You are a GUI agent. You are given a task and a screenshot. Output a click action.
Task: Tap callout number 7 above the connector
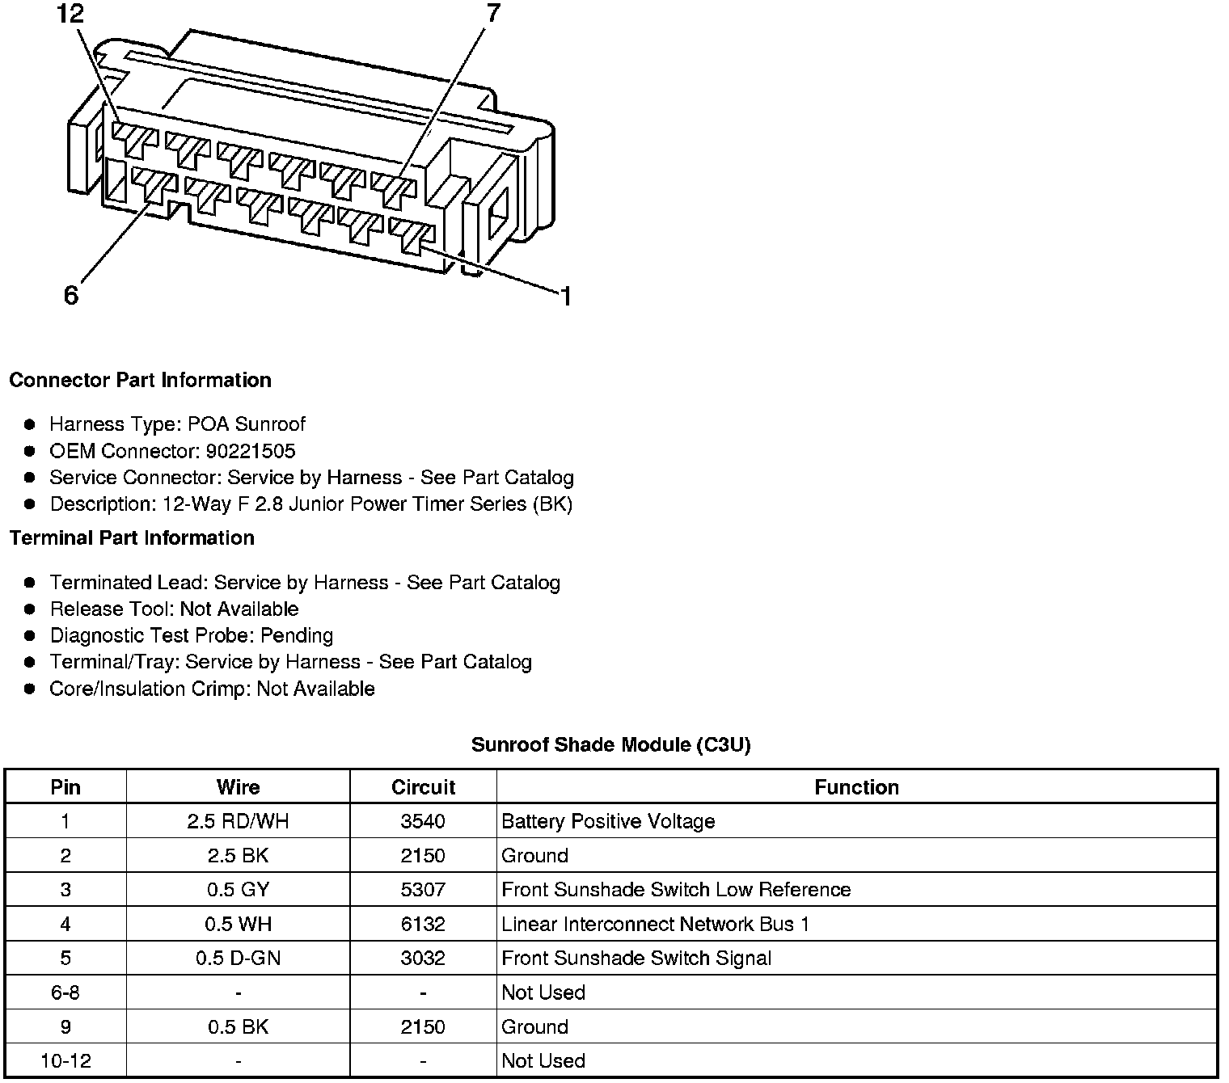(492, 13)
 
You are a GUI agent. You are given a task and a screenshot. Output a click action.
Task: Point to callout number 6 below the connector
(71, 296)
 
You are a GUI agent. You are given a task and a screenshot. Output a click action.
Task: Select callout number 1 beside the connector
(566, 297)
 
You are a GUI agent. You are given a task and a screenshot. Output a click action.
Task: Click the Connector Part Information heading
(140, 380)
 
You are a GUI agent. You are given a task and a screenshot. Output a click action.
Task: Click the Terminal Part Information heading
(132, 537)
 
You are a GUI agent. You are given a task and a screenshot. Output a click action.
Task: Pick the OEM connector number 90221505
(251, 451)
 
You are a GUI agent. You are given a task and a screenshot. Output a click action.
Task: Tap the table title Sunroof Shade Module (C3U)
(610, 744)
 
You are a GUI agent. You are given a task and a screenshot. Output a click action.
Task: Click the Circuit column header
(423, 787)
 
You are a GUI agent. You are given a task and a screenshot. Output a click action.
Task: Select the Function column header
(856, 787)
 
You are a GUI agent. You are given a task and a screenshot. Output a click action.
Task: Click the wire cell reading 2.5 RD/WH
(238, 822)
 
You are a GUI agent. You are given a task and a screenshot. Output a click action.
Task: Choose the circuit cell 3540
(423, 822)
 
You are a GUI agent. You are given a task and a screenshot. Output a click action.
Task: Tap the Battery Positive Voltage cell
(608, 822)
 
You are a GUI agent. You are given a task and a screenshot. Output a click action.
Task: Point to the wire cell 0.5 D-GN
(238, 959)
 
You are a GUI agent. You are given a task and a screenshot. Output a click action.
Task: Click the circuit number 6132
(423, 924)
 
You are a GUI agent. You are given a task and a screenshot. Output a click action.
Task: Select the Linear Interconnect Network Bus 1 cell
(655, 924)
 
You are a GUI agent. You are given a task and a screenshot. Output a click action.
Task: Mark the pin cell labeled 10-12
(65, 1061)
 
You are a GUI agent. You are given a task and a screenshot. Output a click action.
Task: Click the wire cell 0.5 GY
(238, 890)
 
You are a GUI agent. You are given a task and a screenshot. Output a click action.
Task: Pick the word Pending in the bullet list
(297, 636)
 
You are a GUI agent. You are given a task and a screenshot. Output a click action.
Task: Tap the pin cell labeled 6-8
(65, 992)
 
